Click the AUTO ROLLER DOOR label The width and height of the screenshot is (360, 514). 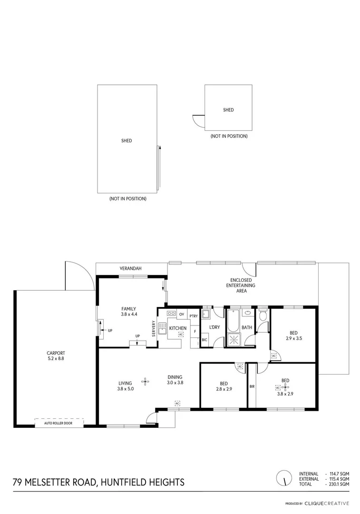click(x=58, y=423)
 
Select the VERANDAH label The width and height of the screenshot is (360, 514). click(x=131, y=269)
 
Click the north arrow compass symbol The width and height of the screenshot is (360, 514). click(x=284, y=477)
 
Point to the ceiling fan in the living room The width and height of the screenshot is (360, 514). click(x=145, y=381)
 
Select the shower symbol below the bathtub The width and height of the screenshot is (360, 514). click(x=234, y=339)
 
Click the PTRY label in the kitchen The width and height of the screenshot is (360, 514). click(x=194, y=316)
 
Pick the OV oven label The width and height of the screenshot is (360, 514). click(x=182, y=314)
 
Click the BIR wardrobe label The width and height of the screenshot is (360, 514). click(x=252, y=386)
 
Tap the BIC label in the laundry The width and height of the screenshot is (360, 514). click(x=204, y=340)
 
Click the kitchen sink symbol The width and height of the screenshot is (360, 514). click(x=162, y=328)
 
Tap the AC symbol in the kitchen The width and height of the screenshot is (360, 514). click(x=181, y=335)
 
